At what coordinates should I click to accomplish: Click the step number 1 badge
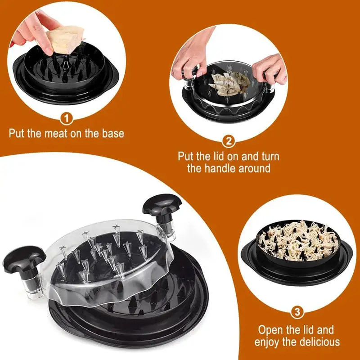pos(67,119)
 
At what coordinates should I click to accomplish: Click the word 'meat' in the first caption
pos(61,133)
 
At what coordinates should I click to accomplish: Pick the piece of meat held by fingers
pos(67,37)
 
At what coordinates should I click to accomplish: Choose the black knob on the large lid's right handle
pos(162,205)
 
